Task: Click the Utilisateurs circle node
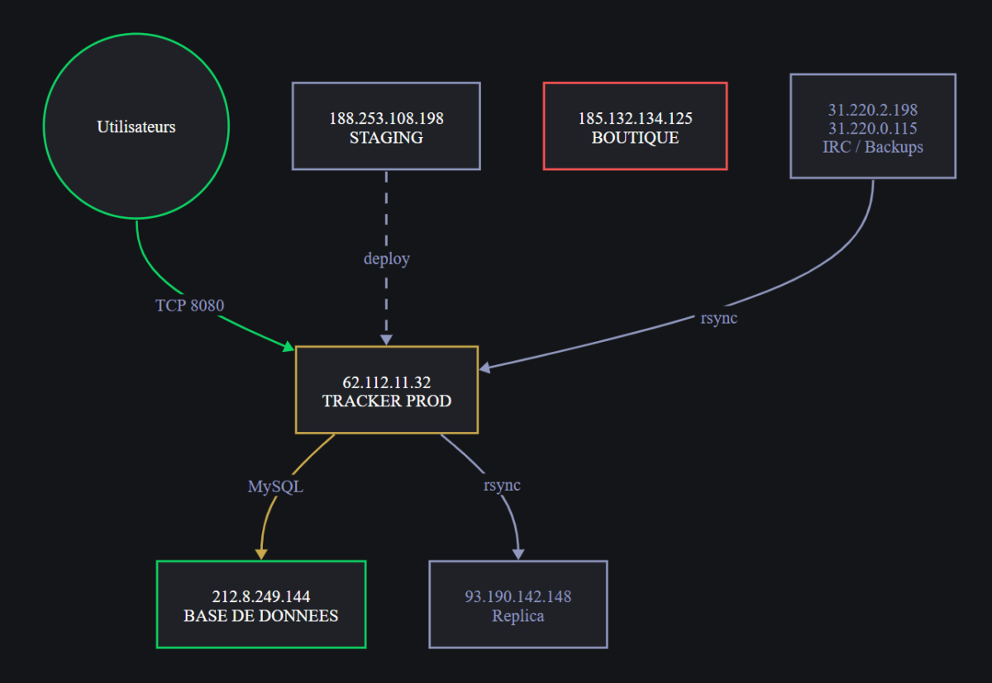click(x=136, y=126)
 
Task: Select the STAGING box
click(x=386, y=126)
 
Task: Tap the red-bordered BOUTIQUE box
click(x=635, y=126)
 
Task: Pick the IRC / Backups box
click(x=873, y=126)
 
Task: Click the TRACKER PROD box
click(x=387, y=390)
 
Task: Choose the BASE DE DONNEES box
click(x=261, y=605)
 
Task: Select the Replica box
click(x=518, y=605)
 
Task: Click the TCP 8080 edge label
click(x=189, y=306)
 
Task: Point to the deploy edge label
click(x=387, y=258)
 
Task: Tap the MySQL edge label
click(x=275, y=486)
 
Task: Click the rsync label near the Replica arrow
click(x=502, y=486)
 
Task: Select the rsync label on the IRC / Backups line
click(x=718, y=318)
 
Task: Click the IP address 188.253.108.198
click(x=386, y=118)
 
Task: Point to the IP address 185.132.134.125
click(x=635, y=118)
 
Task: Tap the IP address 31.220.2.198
click(x=873, y=110)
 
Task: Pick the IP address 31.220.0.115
click(x=873, y=128)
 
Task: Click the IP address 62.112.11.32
click(x=387, y=382)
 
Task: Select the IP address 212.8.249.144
click(x=261, y=596)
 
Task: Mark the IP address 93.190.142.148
click(x=518, y=596)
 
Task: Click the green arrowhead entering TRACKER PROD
click(x=289, y=347)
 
